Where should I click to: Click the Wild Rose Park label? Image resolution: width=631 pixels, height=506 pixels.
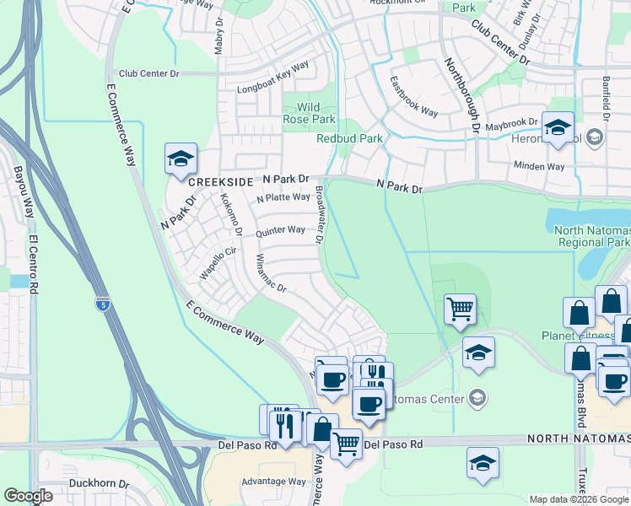tap(309, 113)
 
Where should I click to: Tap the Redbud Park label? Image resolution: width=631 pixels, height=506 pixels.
tap(349, 138)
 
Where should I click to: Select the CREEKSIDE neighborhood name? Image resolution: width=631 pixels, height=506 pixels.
tap(221, 182)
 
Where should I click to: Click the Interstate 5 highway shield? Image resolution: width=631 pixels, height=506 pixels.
tap(103, 304)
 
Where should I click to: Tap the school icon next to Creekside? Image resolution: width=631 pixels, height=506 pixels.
tap(181, 159)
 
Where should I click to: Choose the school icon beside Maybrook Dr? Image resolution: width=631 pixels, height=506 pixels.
tap(558, 128)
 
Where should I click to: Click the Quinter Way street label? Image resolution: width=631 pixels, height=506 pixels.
tap(280, 230)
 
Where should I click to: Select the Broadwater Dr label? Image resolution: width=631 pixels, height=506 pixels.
tap(320, 215)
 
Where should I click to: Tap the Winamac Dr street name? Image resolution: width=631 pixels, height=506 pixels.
tap(271, 273)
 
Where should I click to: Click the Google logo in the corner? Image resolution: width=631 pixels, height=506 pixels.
tap(29, 496)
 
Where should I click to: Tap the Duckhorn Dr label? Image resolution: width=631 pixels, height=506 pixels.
tap(99, 485)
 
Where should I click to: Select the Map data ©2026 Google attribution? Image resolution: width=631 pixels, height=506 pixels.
tap(578, 499)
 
